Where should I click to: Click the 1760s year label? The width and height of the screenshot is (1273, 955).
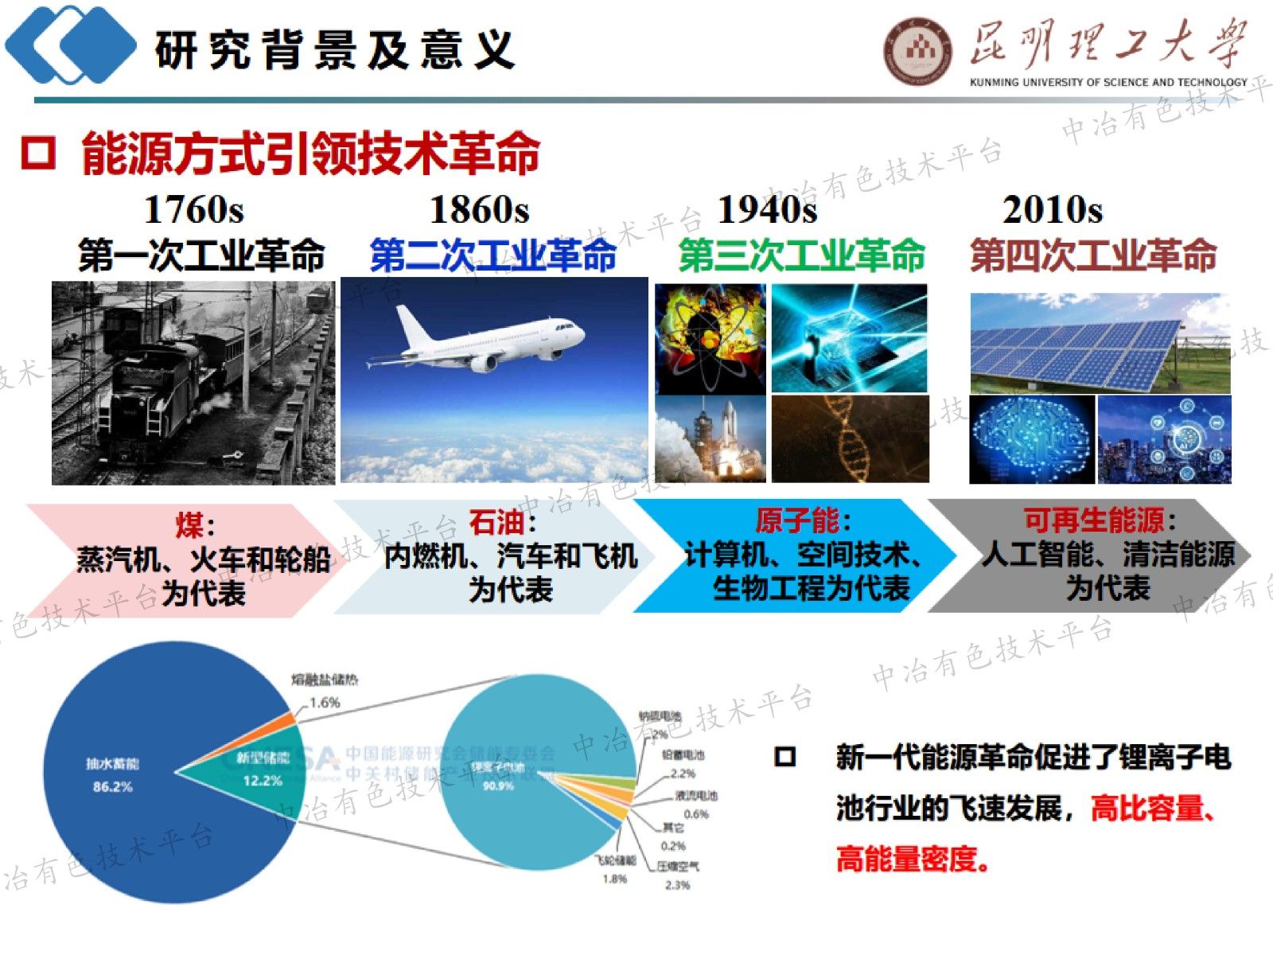point(193,210)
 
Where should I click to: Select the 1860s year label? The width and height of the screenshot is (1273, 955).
point(479,210)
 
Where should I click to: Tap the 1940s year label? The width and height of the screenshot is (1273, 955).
point(767,210)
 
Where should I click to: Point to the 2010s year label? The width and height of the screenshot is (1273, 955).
point(1052,210)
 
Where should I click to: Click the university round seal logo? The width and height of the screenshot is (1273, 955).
point(917,52)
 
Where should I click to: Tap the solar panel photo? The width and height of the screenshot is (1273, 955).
point(1100,343)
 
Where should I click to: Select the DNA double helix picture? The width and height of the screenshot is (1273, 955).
point(850,438)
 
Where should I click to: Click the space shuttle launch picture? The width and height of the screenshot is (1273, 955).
point(710,438)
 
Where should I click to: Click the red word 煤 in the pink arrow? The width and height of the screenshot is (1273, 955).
point(190,526)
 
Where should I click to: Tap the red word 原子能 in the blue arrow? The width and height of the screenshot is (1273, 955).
point(796,520)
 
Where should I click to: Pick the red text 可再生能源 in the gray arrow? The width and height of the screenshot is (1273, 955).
point(1094,520)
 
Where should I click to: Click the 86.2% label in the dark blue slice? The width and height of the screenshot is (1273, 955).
point(112,787)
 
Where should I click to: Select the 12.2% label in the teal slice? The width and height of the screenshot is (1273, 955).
point(262,781)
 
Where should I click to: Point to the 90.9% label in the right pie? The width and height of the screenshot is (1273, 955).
point(498,786)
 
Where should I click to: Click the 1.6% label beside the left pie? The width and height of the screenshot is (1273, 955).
point(325,703)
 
